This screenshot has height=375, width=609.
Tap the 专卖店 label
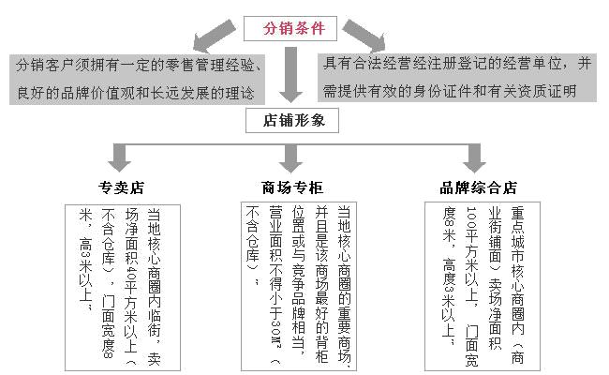122,186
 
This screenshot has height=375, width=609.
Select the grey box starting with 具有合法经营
458,78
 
